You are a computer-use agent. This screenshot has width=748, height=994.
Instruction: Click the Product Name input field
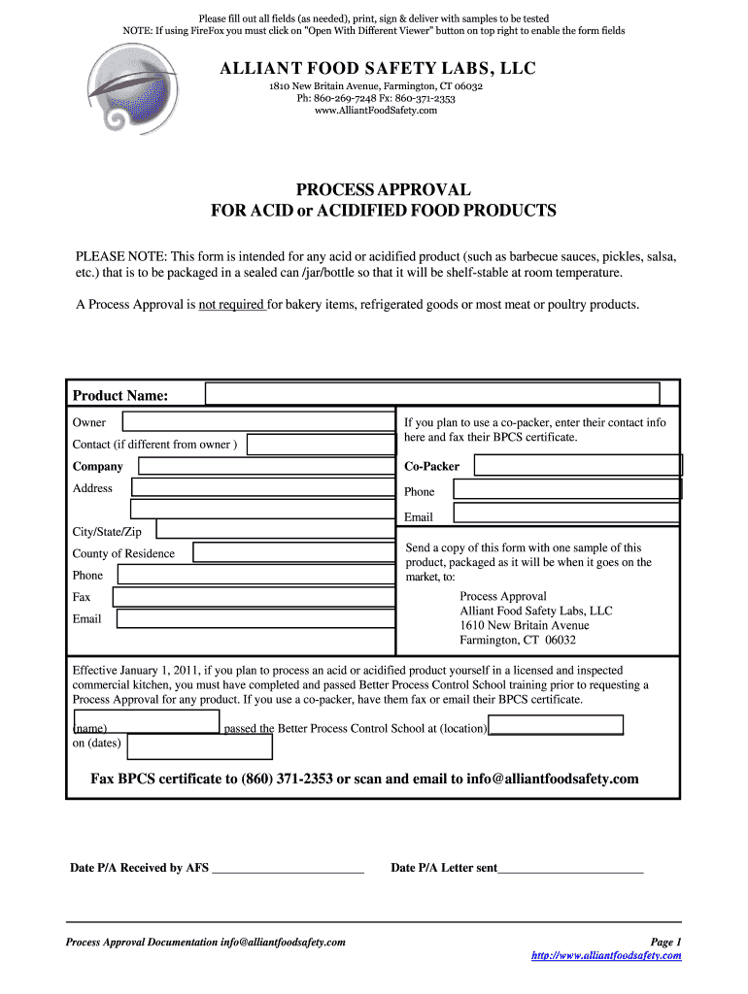point(432,393)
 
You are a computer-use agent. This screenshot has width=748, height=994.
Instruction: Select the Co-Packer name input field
point(577,465)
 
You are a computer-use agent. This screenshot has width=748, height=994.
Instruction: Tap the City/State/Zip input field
point(275,530)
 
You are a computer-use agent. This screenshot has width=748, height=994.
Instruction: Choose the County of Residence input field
point(293,552)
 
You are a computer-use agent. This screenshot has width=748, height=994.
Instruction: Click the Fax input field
point(253,596)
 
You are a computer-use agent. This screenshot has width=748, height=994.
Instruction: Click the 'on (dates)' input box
point(200,745)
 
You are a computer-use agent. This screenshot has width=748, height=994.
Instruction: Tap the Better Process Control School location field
point(556,726)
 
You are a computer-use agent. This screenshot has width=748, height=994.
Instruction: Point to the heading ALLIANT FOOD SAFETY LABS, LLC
point(377,69)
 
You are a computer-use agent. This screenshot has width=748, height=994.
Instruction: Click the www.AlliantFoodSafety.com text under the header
point(376,110)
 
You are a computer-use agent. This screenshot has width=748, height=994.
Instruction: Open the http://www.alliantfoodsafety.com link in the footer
point(606,956)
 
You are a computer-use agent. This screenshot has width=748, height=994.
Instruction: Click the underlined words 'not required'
point(232,305)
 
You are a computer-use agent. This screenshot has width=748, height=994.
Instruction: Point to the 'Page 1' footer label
point(665,942)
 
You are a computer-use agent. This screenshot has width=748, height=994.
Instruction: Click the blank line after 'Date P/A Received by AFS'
point(288,869)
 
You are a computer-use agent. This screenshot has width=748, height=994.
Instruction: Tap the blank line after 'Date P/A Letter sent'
point(570,869)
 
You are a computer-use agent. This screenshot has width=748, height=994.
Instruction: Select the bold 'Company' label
point(98,466)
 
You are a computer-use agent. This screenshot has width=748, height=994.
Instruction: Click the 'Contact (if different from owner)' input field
point(322,445)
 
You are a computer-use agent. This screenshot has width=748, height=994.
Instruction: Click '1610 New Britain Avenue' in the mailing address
point(524,625)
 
